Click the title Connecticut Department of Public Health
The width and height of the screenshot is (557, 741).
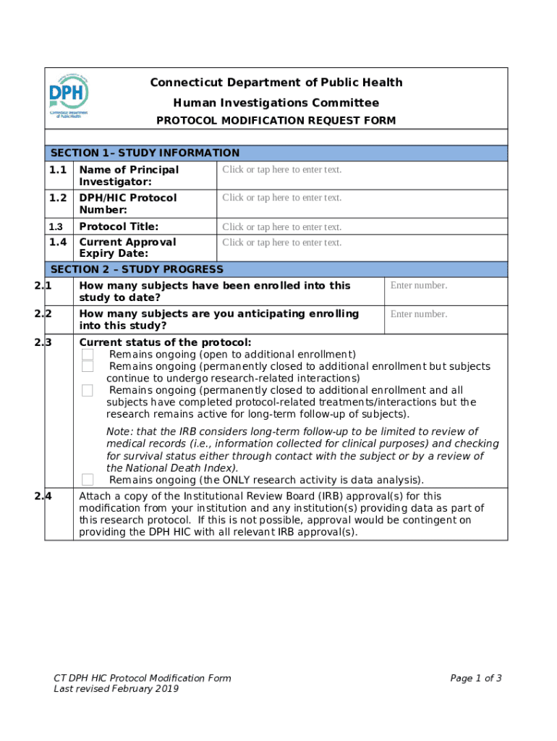(276, 82)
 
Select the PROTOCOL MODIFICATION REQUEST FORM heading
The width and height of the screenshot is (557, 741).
(276, 121)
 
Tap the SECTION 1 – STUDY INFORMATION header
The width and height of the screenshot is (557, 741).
(143, 153)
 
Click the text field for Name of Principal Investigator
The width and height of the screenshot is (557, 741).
(281, 170)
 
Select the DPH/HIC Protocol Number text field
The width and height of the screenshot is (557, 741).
(281, 198)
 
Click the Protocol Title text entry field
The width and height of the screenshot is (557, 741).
(281, 227)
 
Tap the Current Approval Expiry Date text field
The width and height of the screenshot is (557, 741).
(281, 242)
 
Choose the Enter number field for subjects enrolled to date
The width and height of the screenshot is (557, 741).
(419, 285)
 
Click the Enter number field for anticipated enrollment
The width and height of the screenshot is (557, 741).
(419, 314)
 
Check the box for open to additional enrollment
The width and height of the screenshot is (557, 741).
(88, 355)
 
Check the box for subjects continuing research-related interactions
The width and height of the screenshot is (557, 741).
(88, 367)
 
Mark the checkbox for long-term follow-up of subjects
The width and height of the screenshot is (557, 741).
(88, 391)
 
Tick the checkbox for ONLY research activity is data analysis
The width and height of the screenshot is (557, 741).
(88, 480)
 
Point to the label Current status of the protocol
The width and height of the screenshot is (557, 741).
(165, 342)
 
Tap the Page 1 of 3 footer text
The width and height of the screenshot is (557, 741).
(475, 678)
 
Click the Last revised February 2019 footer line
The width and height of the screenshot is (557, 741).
(116, 689)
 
